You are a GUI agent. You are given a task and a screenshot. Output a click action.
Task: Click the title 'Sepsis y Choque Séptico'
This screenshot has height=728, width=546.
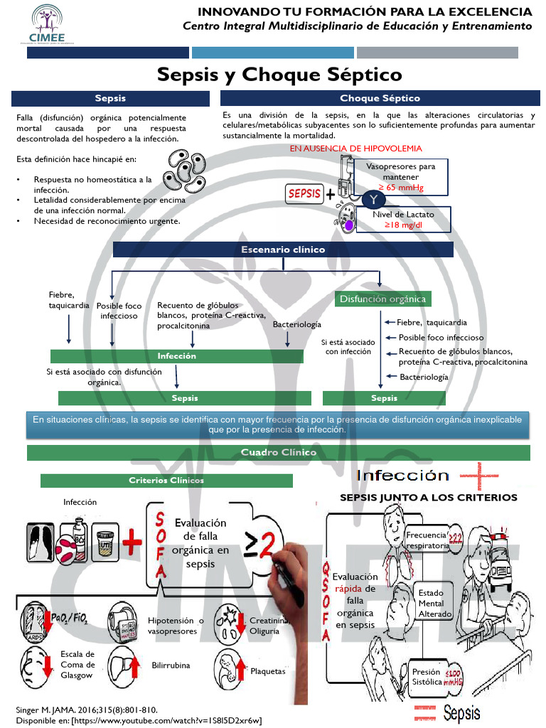click(279, 75)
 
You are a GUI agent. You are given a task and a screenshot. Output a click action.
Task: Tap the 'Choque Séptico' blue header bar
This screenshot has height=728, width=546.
click(379, 99)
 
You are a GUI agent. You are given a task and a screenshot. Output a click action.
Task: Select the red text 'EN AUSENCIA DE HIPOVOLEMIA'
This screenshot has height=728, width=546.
click(355, 149)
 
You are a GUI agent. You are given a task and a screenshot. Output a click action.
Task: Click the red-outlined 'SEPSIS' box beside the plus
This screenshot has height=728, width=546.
click(304, 193)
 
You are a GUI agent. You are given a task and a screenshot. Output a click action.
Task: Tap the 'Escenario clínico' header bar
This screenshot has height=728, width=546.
click(283, 250)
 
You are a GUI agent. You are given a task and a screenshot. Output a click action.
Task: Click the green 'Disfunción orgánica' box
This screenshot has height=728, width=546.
click(382, 299)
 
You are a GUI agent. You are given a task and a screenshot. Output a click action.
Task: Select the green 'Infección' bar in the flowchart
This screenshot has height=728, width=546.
click(176, 356)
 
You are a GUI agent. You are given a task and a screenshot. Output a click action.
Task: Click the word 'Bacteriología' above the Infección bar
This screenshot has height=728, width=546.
click(296, 324)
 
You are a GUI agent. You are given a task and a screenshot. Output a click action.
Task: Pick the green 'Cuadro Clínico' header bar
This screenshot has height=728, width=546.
click(279, 453)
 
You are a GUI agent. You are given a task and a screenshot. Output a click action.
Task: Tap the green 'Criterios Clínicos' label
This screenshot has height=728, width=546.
click(166, 481)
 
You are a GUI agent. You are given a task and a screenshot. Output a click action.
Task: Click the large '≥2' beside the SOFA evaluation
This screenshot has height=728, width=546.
click(258, 545)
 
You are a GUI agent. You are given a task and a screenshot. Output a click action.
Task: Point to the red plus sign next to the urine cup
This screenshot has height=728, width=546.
click(132, 545)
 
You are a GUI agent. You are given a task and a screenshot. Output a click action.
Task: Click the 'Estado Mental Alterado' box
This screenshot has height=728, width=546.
click(435, 604)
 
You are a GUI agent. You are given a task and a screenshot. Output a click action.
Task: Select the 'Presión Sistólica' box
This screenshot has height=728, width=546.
click(427, 676)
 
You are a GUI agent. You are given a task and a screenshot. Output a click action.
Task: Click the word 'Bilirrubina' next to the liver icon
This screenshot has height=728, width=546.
click(171, 665)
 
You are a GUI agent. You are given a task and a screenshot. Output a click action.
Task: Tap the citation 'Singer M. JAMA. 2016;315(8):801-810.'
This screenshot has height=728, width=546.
click(86, 710)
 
